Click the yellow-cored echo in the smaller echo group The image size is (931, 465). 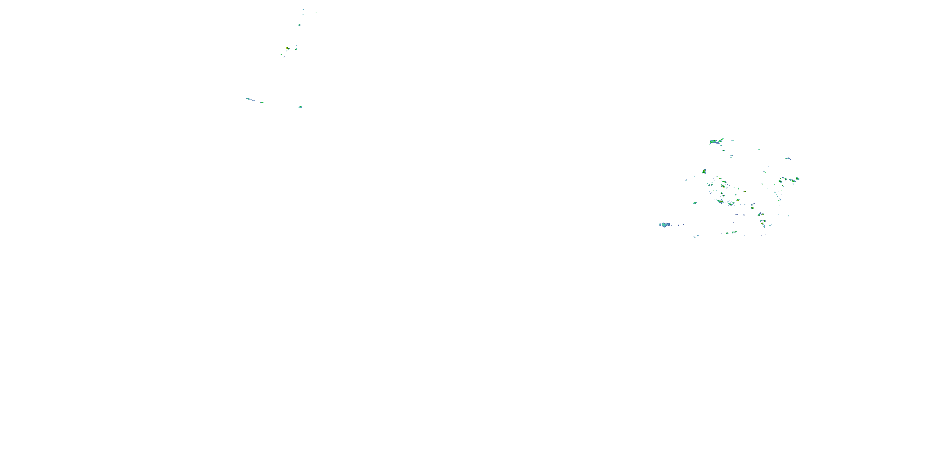(287, 48)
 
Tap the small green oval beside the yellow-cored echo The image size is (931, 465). (296, 49)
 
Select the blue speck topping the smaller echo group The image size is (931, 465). (303, 9)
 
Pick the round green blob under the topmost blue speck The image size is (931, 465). (299, 25)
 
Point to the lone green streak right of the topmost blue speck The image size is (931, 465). (316, 12)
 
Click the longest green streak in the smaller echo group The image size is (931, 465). (249, 99)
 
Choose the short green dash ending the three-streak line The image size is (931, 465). (262, 103)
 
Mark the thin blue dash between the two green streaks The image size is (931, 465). (254, 100)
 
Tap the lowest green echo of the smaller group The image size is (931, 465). (300, 107)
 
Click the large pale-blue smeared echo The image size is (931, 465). (665, 224)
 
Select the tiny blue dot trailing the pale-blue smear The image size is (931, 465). (678, 224)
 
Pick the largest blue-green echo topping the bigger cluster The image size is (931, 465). (713, 142)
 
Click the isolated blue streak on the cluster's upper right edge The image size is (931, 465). (788, 158)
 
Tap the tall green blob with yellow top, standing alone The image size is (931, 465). (704, 171)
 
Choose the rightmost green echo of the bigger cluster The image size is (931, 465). (798, 179)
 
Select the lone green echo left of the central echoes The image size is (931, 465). (695, 203)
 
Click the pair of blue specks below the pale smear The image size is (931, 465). (696, 237)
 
